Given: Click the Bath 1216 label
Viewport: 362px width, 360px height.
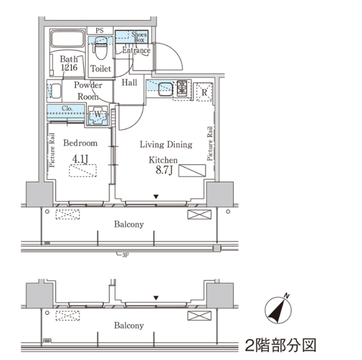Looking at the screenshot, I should pos(68,63).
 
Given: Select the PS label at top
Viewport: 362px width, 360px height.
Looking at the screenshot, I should pos(99,31).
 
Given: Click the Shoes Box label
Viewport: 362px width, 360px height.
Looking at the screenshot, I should pos(139,37).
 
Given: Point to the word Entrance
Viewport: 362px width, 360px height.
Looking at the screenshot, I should pos(136,51).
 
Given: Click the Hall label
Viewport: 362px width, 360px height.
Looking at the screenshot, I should pos(129,83).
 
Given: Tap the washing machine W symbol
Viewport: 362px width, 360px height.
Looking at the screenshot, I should pos(98,115).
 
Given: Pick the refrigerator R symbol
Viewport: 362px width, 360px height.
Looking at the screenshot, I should pos(205,91).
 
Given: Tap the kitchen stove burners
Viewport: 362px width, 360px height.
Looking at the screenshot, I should pos(183,88).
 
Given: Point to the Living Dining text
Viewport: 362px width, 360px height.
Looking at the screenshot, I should pos(166,144).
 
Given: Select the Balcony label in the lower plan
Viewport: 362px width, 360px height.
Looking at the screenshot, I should pos(128,326).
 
